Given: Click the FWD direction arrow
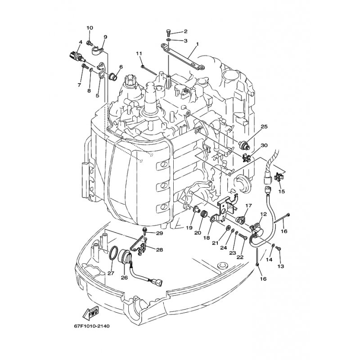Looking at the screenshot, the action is click(91, 313).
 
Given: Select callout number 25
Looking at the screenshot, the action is click(264, 126).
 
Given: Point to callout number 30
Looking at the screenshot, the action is click(264, 145).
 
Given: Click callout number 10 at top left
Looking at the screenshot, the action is click(90, 28).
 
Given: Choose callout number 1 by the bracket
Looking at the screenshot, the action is click(197, 43).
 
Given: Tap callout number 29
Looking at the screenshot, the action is click(159, 233).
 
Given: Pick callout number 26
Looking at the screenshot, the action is click(124, 278).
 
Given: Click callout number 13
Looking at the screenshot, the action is click(281, 266).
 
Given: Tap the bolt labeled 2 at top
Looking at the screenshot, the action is click(168, 33).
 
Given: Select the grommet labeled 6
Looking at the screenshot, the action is click(113, 76).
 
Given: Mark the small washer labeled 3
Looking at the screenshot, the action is click(168, 40).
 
